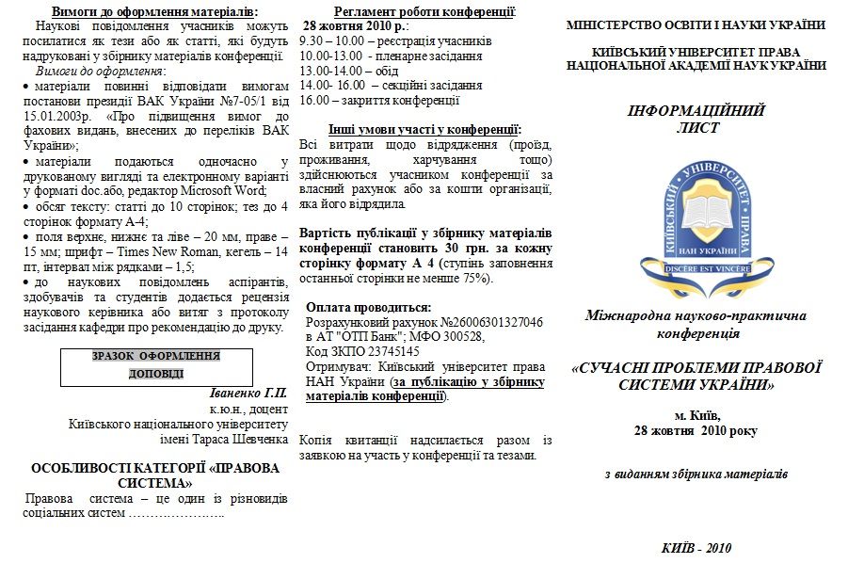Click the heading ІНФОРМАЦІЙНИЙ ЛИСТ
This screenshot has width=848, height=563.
tap(696, 119)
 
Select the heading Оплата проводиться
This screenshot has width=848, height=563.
tap(370, 307)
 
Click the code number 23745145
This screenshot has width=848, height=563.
tap(388, 351)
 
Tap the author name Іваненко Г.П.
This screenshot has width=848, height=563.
tap(249, 393)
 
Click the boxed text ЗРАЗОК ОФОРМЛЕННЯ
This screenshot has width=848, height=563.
tap(156, 356)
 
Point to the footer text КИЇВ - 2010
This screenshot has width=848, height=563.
tap(696, 548)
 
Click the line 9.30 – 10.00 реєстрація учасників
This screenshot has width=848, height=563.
tap(394, 42)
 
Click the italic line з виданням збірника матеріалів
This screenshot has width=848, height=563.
tap(696, 474)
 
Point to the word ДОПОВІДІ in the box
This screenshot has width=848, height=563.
tap(156, 374)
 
